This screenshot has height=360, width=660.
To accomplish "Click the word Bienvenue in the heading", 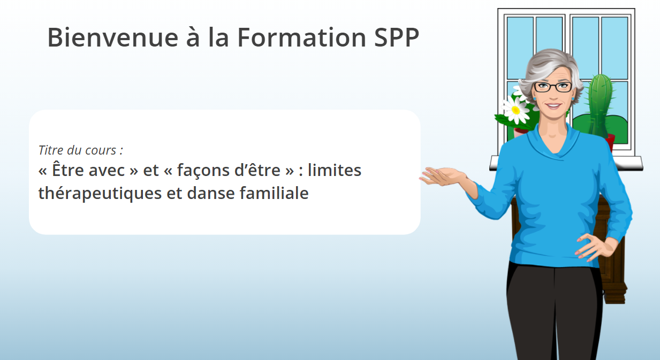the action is tap(113, 37).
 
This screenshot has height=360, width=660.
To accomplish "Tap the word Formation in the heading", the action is tap(302, 37).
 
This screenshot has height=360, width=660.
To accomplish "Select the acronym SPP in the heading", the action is tap(397, 37).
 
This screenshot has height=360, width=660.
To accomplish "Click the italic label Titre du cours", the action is tap(80, 150).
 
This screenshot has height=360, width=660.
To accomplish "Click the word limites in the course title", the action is tap(335, 170).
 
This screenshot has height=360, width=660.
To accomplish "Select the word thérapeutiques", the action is tap(100, 194).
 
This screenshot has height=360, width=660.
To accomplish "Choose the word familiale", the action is tap(274, 193).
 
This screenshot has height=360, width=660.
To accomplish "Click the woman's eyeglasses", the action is tap(553, 87).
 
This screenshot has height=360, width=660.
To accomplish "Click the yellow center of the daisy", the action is tap(515, 110).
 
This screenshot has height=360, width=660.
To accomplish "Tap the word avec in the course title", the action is tap(107, 171).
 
